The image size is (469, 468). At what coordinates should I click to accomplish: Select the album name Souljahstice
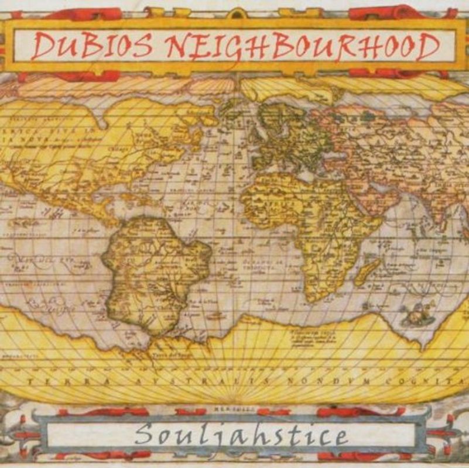[239, 435]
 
